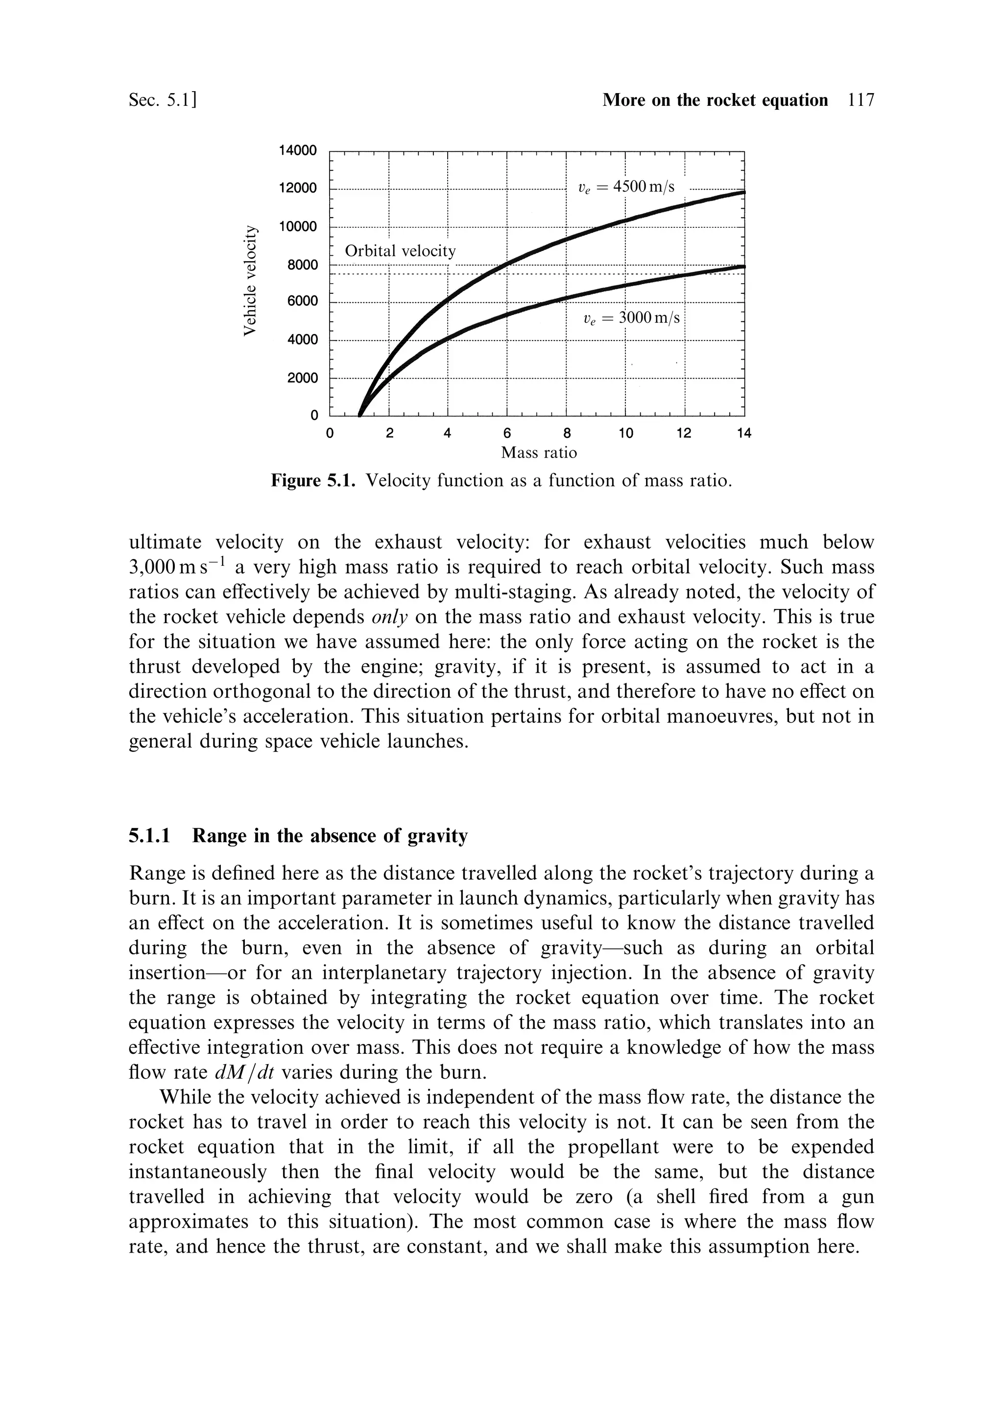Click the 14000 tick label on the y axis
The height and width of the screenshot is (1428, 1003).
pos(298,150)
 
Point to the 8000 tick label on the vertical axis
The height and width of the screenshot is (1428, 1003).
pos(302,265)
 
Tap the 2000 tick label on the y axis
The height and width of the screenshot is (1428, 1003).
pos(302,378)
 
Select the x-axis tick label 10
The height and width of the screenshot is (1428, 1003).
pos(625,434)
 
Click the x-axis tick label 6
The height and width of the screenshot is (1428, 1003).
pos(507,434)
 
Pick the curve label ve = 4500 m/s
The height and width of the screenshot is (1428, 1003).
pos(625,187)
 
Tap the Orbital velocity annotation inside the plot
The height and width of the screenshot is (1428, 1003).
pos(400,251)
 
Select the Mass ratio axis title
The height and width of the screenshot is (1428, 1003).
pos(539,453)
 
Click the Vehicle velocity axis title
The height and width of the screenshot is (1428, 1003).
pos(249,281)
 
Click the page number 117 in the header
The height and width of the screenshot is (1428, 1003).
pos(860,100)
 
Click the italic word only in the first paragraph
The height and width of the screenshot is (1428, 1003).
pos(389,617)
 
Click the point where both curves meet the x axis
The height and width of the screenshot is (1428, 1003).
pos(359,415)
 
